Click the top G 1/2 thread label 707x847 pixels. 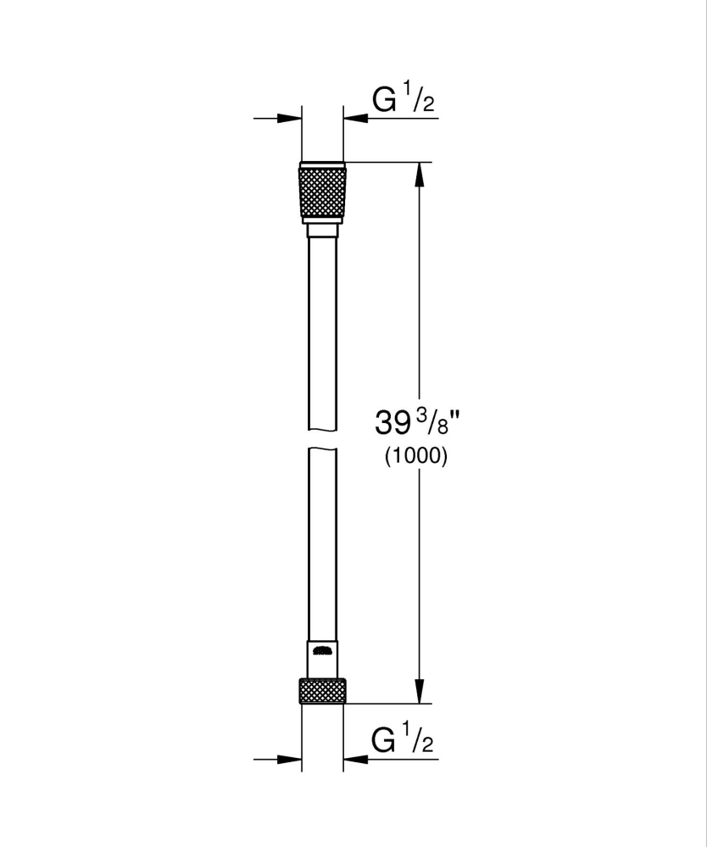(403, 100)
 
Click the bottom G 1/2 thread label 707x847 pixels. (403, 741)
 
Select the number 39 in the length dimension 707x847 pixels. (392, 421)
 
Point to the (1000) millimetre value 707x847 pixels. (415, 456)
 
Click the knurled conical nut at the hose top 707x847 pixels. (323, 192)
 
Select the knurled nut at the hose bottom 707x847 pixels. (323, 689)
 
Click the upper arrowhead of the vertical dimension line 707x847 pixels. (418, 174)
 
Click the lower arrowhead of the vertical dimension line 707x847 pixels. (418, 691)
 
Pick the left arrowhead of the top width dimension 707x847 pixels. (292, 119)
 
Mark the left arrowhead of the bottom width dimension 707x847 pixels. (292, 759)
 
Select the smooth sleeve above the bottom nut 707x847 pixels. (322, 657)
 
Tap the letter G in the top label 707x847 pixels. (385, 100)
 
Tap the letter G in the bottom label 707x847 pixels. (385, 741)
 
